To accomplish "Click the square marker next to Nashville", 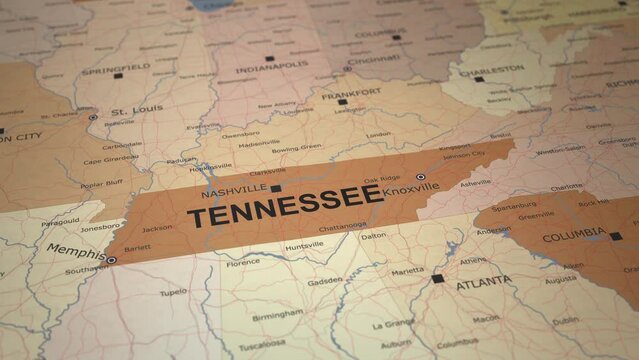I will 276,187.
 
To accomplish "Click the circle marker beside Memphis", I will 111,259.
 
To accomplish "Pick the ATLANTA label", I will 483,283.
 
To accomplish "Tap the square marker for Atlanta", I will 438,278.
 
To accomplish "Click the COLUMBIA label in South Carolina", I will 573,238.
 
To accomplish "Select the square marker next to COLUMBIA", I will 615,236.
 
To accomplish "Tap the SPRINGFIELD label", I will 115,67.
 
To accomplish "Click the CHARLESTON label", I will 490,69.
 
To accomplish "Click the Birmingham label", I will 277,315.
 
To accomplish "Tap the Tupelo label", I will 173,292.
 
